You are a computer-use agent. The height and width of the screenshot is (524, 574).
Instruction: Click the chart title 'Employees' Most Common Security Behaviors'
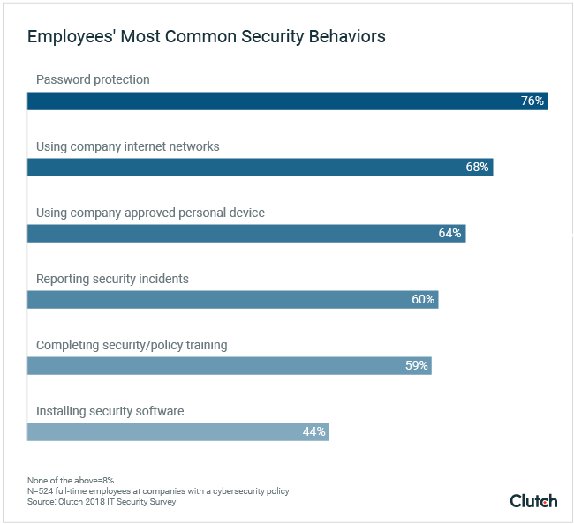point(206,37)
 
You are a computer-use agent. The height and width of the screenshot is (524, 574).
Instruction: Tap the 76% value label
point(532,101)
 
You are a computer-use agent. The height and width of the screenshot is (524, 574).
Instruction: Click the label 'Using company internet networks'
point(127,146)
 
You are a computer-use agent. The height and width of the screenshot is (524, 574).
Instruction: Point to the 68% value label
point(477,168)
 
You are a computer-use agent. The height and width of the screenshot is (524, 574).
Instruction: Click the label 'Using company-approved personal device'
point(150,213)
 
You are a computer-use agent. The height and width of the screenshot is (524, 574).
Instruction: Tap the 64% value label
point(449,234)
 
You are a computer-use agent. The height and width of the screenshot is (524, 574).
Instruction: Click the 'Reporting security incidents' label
point(112,279)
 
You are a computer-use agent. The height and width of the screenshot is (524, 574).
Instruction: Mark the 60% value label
point(423,300)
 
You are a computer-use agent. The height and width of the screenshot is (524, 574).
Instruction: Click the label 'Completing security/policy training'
point(132,345)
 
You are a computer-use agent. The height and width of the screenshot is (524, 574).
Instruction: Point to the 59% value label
point(416,366)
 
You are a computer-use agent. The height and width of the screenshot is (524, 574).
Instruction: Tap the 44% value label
point(314,432)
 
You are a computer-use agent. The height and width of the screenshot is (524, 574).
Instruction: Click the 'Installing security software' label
point(110,411)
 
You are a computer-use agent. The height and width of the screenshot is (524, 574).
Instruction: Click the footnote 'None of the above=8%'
point(71,480)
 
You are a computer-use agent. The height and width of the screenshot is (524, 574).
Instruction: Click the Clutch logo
point(533,500)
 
